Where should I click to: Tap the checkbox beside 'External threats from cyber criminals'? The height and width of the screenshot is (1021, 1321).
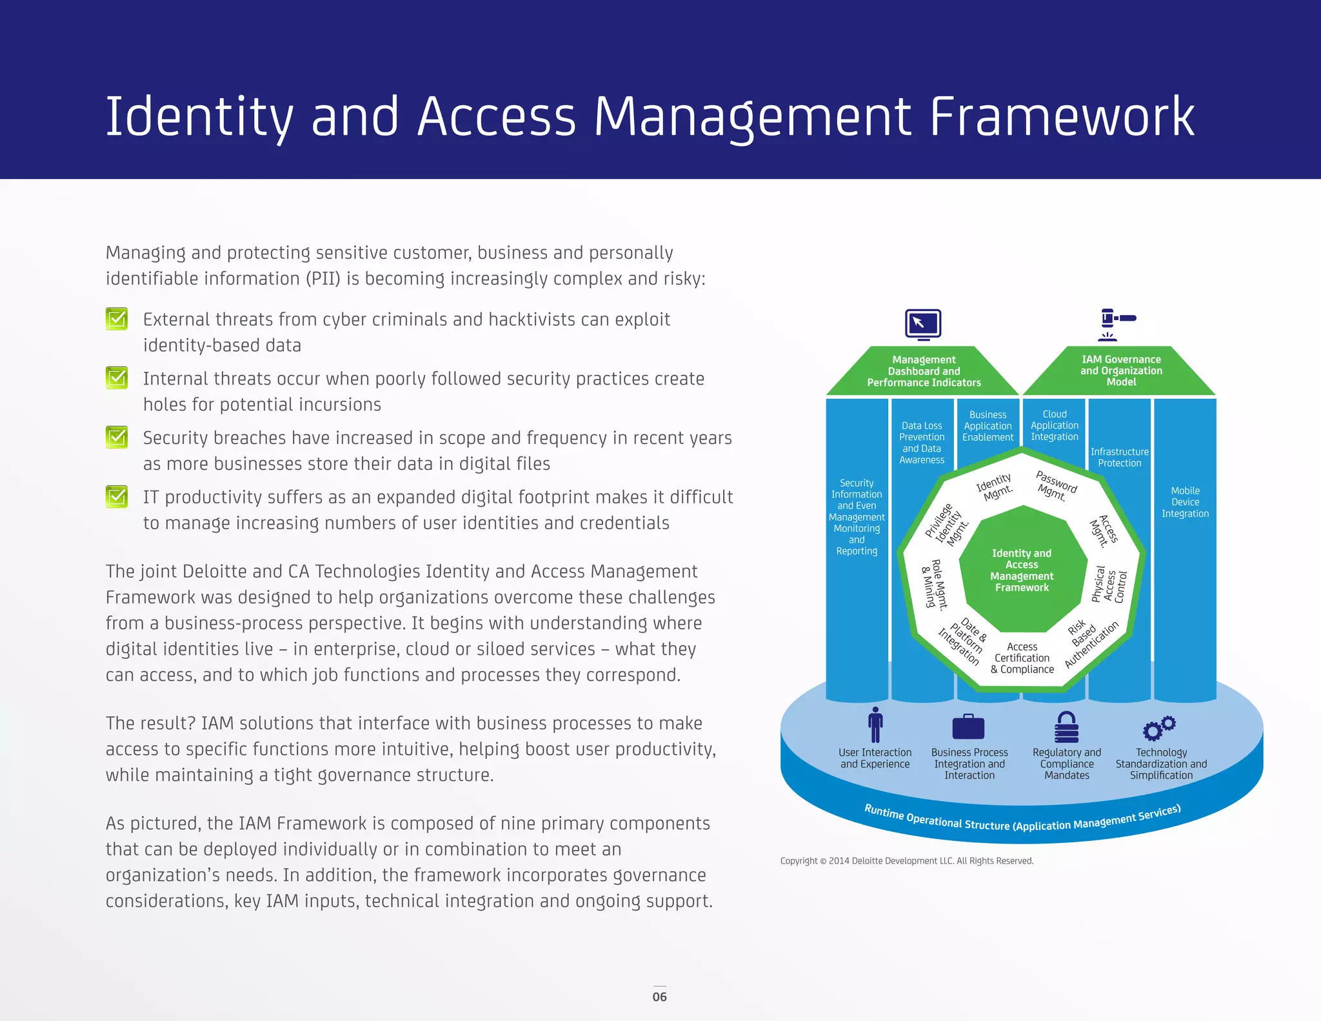click(117, 319)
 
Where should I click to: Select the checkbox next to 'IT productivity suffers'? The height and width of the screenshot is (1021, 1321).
click(117, 496)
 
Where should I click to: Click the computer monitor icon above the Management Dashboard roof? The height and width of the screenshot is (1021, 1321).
click(923, 324)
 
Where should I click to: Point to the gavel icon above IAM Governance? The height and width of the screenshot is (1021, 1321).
click(1117, 324)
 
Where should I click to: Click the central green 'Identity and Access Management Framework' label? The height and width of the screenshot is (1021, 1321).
click(1022, 571)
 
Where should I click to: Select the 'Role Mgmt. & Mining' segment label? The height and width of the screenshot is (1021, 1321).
click(935, 585)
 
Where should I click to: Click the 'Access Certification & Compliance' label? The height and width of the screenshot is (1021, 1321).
click(1022, 658)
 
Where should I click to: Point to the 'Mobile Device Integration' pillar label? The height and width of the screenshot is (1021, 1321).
click(1185, 502)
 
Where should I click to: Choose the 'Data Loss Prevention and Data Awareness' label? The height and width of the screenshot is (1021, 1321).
click(922, 443)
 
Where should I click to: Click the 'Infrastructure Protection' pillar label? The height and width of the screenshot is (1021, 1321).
click(1119, 458)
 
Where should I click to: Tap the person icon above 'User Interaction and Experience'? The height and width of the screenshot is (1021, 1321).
click(875, 725)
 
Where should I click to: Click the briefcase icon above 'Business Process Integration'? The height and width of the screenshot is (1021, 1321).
click(968, 727)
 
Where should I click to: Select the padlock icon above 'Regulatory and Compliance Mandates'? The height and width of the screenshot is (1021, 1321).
click(1066, 727)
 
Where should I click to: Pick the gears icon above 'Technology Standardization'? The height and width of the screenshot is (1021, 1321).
click(1159, 728)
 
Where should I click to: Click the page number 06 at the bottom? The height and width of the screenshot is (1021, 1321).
click(659, 996)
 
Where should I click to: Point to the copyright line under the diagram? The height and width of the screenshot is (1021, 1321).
click(906, 861)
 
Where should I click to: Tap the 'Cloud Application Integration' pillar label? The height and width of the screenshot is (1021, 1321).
click(1055, 425)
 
